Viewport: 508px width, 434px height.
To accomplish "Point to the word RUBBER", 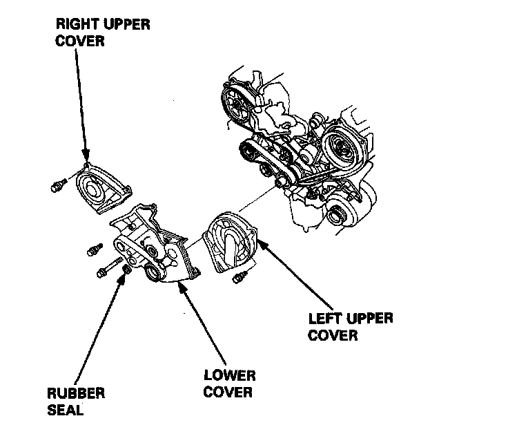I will click(76, 393).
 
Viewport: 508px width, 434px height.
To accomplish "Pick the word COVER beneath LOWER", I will click(229, 393).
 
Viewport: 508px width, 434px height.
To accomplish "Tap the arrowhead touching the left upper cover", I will click(262, 243).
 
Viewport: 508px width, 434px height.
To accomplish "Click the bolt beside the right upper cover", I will click(58, 185).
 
